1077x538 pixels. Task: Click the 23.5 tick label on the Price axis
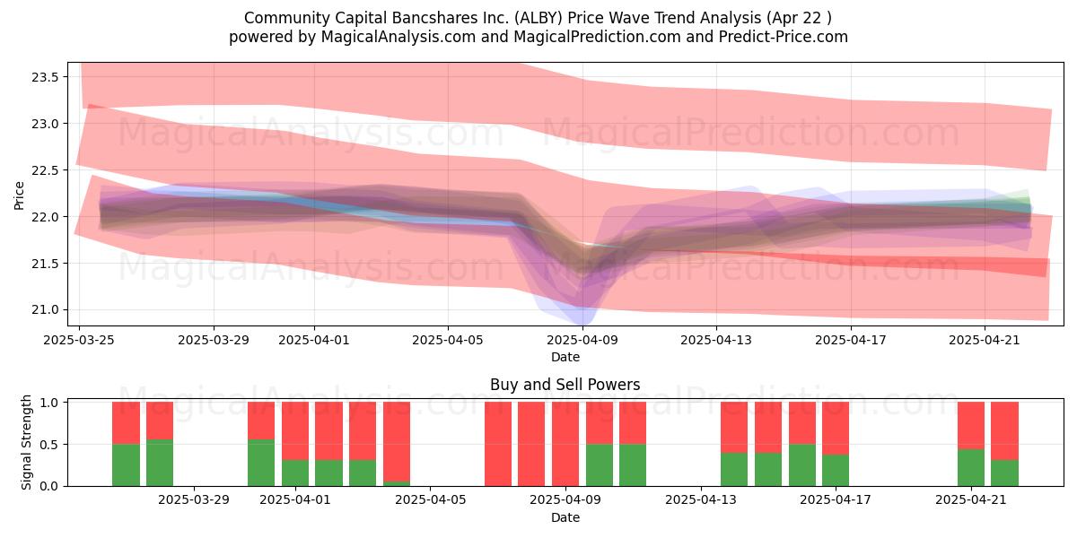[45, 77]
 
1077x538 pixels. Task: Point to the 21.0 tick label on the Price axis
[45, 310]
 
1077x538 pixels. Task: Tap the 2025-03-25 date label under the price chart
[79, 340]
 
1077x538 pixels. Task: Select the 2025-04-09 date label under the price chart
[582, 340]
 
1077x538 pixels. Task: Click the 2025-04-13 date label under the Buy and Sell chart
[701, 500]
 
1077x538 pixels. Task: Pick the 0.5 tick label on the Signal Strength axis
[49, 445]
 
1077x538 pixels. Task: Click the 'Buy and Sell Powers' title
[565, 385]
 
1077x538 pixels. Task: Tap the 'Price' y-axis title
[19, 195]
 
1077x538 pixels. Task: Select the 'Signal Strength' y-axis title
[26, 442]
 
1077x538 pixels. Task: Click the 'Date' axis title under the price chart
[565, 358]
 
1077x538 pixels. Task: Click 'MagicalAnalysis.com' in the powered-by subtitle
[398, 37]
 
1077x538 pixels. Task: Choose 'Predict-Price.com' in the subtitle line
[784, 37]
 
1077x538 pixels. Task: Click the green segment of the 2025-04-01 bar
[295, 473]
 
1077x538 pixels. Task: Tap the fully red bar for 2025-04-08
[531, 444]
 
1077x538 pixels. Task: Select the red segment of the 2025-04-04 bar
[397, 442]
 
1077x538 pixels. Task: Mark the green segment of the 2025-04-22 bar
[1004, 473]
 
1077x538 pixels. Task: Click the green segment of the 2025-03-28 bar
[160, 463]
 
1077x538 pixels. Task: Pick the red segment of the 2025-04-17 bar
[836, 429]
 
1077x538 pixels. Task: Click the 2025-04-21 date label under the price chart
[985, 340]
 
